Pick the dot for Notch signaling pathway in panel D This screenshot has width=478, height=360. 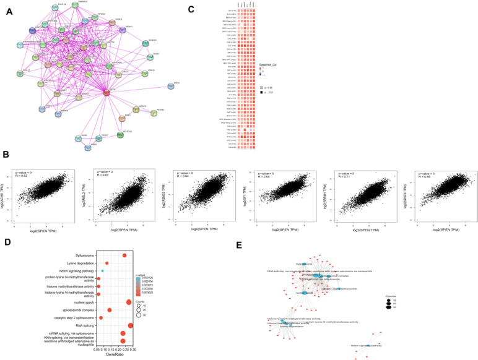tap(102, 271)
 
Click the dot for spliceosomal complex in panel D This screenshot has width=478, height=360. tap(110, 310)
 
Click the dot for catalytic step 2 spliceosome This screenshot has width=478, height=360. tap(101, 317)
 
